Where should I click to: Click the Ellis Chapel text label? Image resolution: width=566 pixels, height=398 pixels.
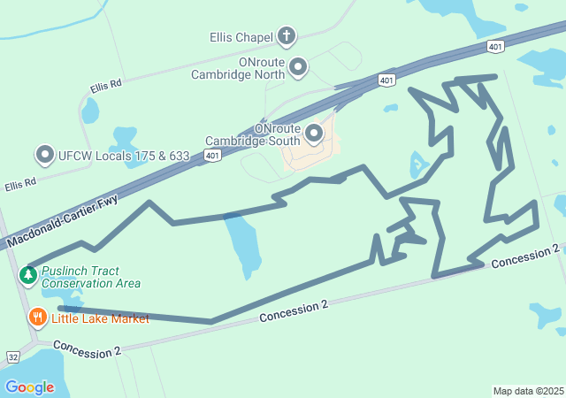click(241, 38)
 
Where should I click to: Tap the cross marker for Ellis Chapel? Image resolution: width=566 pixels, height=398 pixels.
click(286, 36)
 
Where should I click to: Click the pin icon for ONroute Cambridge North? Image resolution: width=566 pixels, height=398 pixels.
click(298, 66)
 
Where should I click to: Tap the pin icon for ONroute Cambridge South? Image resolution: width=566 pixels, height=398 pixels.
click(314, 134)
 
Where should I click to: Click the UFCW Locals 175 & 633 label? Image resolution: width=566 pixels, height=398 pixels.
click(124, 156)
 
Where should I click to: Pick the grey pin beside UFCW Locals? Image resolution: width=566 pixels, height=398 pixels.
click(45, 155)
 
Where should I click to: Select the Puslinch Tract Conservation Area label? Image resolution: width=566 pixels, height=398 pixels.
click(91, 277)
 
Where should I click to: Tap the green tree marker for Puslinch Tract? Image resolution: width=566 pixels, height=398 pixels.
click(28, 275)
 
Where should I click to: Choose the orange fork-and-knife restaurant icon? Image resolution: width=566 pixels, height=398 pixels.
click(37, 317)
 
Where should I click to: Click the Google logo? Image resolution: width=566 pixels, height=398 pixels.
click(29, 387)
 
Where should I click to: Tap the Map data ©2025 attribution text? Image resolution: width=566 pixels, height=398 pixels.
click(527, 391)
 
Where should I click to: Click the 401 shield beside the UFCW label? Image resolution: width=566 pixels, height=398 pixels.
click(211, 155)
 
